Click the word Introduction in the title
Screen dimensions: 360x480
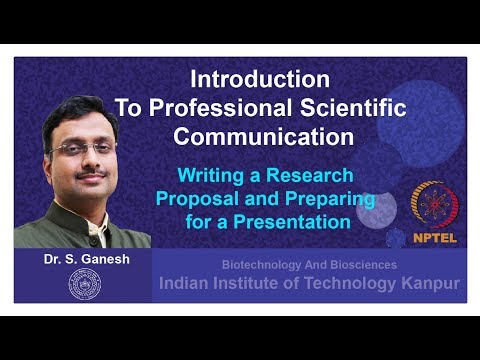coord(259,78)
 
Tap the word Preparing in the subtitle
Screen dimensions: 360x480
coord(330,197)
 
